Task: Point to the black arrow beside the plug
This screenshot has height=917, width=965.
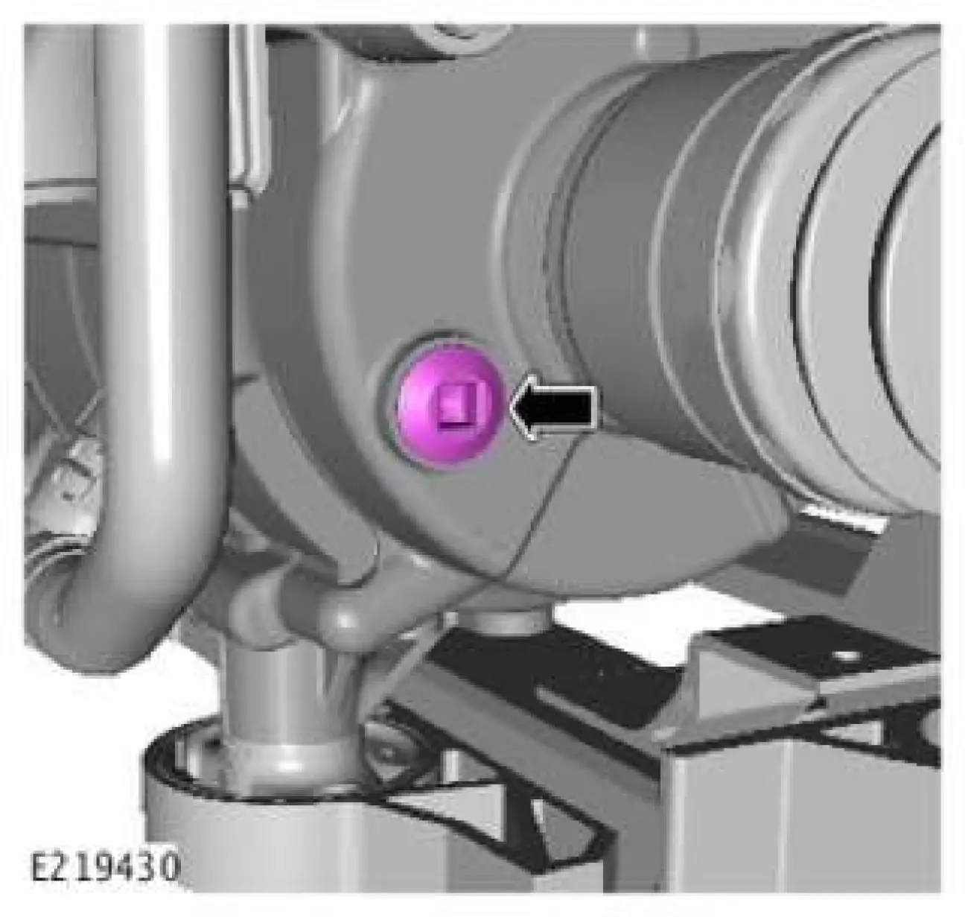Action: coord(554,407)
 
